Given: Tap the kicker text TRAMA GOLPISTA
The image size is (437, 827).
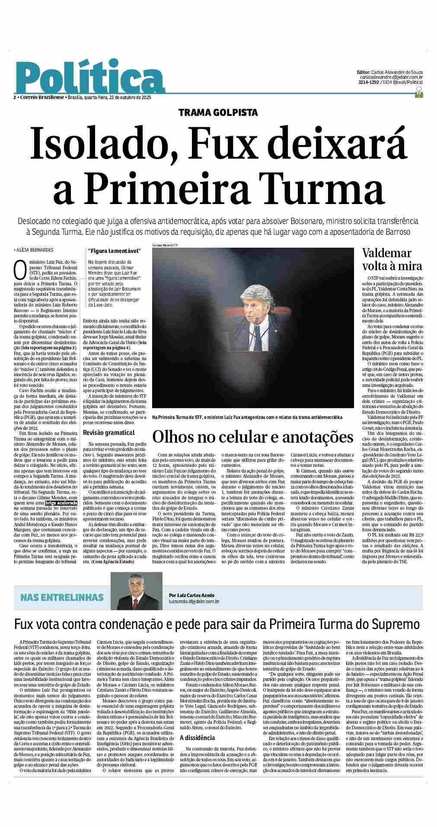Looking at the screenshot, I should (218, 113).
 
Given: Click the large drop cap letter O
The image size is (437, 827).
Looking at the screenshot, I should (19, 269).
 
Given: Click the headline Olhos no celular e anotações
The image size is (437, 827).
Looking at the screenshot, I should (252, 437).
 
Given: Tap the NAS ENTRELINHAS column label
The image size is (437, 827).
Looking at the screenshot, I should (62, 597).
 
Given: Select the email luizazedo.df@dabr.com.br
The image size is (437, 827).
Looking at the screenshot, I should (194, 601).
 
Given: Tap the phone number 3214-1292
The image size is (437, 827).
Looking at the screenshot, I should (368, 82).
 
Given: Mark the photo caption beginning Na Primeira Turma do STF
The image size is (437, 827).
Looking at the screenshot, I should (247, 417).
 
